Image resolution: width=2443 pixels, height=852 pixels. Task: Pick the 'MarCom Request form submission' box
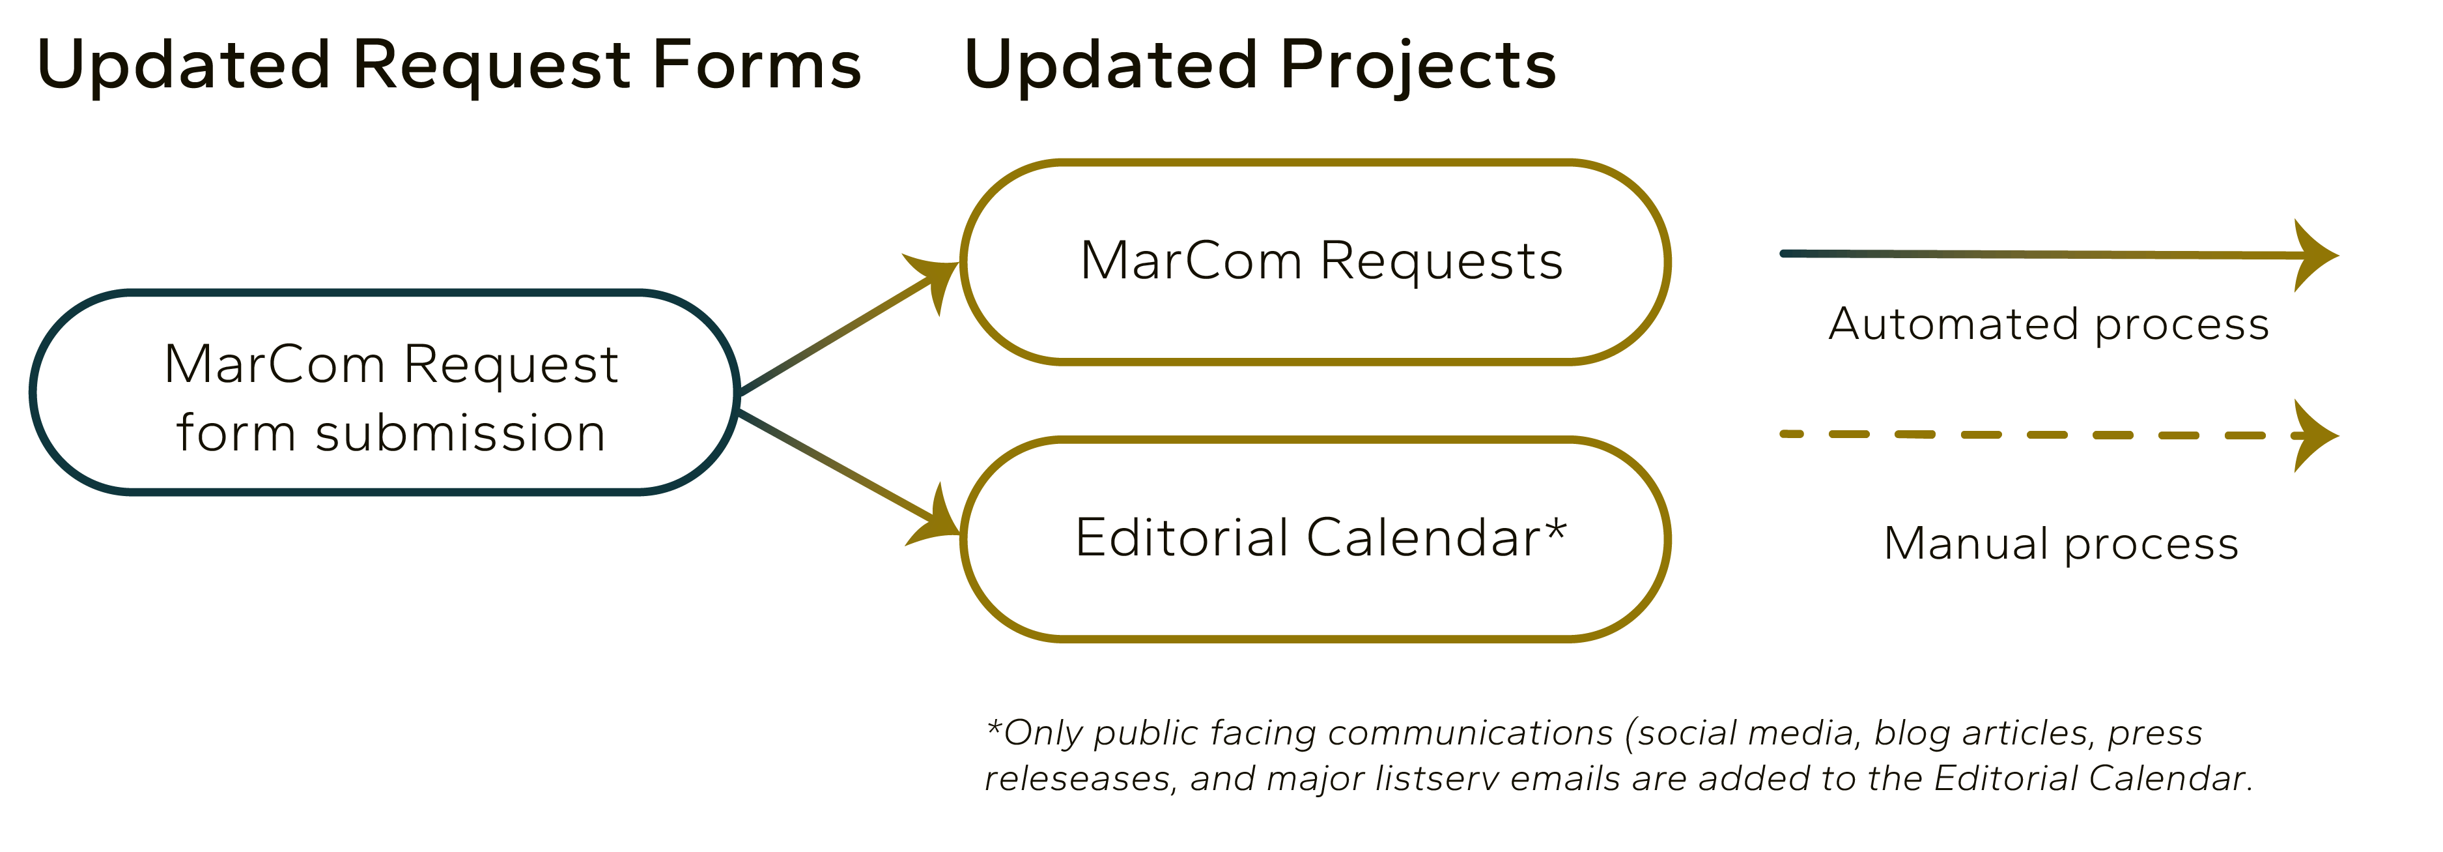(384, 294)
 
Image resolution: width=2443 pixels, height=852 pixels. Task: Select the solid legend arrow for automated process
(2060, 254)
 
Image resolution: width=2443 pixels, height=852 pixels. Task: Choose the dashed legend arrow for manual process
(2060, 435)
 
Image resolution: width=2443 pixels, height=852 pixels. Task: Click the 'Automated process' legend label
(2048, 325)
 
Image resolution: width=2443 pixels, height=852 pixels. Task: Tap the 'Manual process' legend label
(2061, 544)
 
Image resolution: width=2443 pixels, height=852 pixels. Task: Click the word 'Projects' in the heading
(1418, 66)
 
